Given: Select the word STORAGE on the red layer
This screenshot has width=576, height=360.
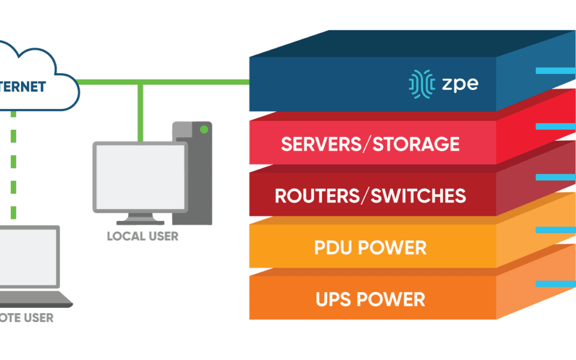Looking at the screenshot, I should (x=416, y=144).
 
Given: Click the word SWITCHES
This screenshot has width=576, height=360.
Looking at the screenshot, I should (x=418, y=196).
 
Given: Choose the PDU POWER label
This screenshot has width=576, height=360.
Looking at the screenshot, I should (x=371, y=248).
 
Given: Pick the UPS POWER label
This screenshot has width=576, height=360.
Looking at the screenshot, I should (x=371, y=299).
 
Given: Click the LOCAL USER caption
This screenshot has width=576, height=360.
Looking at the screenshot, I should (x=142, y=236).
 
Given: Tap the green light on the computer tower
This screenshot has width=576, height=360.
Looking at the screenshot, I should (x=203, y=130).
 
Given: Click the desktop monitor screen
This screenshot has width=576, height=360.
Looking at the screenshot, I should (x=140, y=175).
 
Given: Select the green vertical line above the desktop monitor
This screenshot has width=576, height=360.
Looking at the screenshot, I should (x=140, y=112).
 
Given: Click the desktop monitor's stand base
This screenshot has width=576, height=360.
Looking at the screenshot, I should (x=140, y=221).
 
